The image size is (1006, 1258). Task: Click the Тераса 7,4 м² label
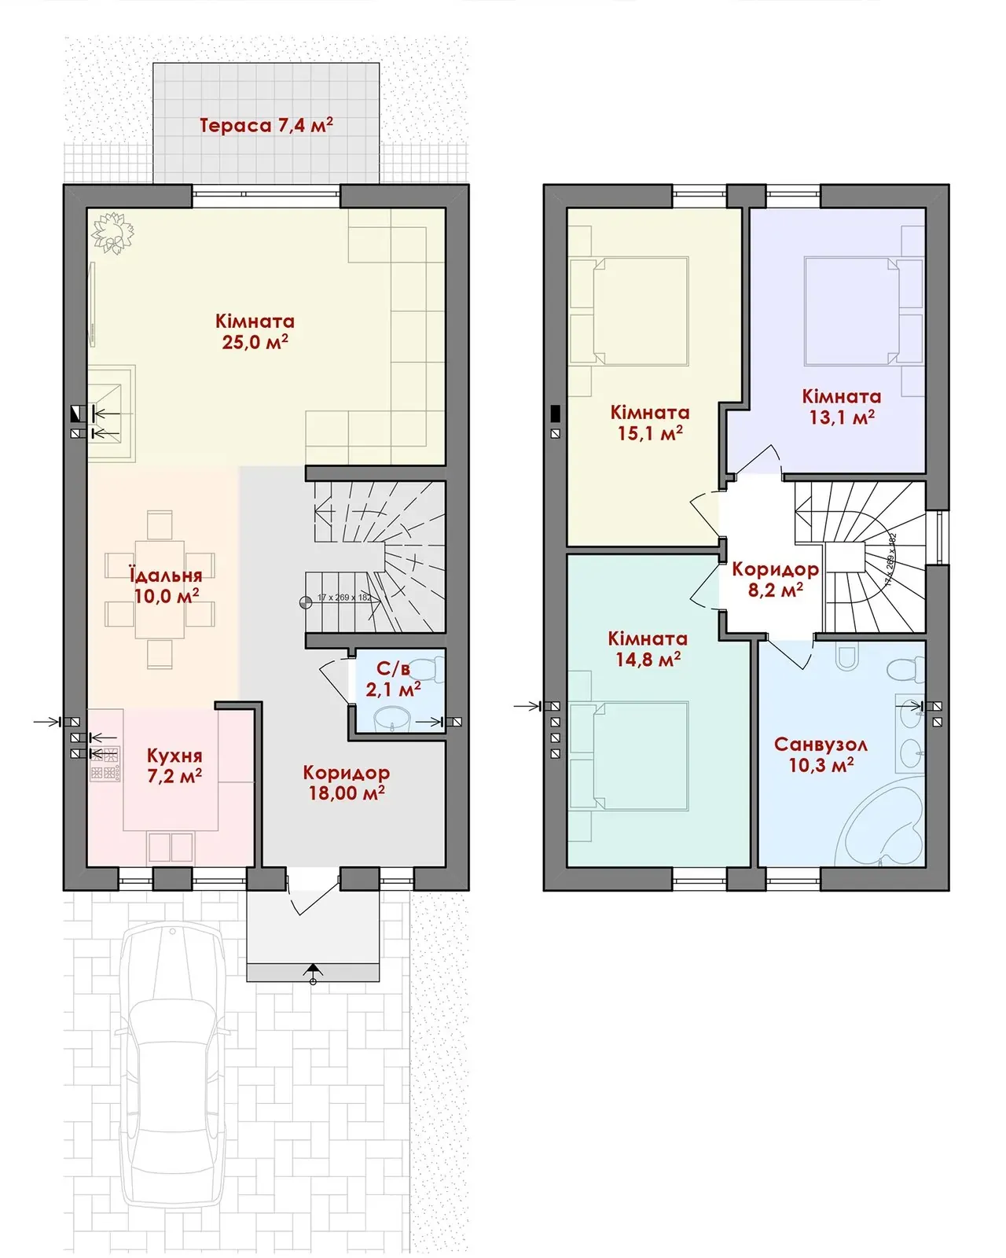coord(266,125)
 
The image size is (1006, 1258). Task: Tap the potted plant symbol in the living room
coord(113,234)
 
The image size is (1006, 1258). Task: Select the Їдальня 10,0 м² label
coord(167,585)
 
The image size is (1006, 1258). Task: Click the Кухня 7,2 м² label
coord(174,765)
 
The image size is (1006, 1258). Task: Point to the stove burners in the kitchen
coord(105,764)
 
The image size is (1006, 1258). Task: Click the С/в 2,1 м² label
coord(394,679)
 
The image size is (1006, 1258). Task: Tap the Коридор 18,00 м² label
coord(346,782)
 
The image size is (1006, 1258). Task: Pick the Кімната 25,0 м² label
coord(255,331)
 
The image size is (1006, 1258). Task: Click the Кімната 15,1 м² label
coord(650,422)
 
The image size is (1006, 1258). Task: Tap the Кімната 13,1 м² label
coord(842,406)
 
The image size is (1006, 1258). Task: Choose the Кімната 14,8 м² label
coord(648,649)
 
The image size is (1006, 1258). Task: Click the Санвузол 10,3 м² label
coord(821,754)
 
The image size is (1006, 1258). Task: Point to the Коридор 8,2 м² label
coord(775,579)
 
